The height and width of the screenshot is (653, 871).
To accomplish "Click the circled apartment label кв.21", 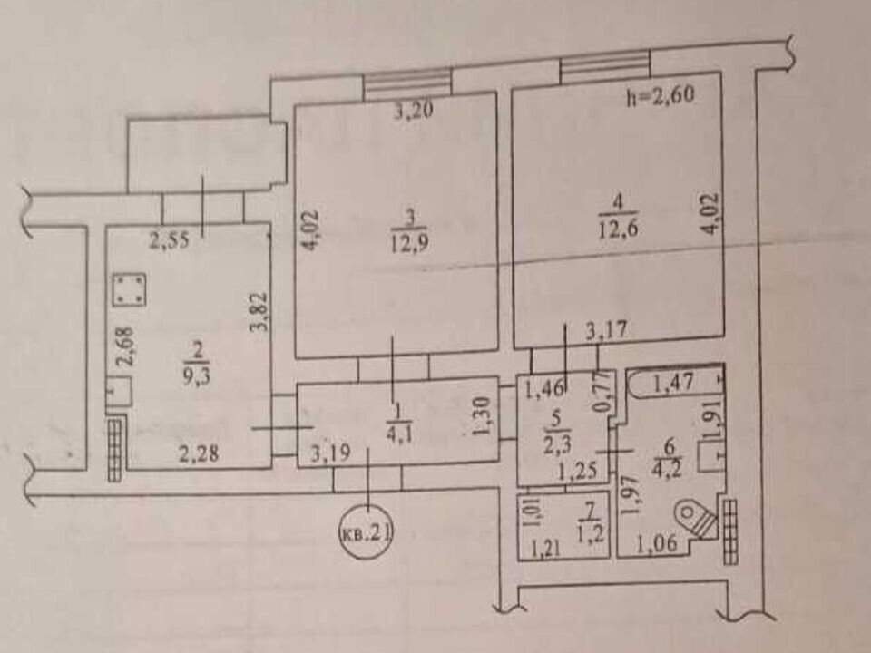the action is (x=366, y=533).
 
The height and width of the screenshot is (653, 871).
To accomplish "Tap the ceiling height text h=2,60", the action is (x=660, y=95).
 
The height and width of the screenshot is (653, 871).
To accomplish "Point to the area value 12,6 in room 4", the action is (x=617, y=229).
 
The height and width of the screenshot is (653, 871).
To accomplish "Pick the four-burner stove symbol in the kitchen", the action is (x=130, y=289).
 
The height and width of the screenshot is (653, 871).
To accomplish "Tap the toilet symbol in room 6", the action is (x=695, y=519).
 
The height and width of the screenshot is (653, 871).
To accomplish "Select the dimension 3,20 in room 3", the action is (x=414, y=111).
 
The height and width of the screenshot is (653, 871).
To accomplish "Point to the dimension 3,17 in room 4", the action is (x=607, y=331).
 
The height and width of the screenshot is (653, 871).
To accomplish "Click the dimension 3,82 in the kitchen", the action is (x=259, y=312).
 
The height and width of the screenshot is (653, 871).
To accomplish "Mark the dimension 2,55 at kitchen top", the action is (x=170, y=240).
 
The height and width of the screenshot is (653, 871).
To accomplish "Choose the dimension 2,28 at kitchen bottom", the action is (x=199, y=454).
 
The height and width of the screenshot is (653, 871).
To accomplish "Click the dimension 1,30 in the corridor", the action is (x=482, y=416).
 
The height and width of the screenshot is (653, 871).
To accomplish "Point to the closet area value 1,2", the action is (x=591, y=535).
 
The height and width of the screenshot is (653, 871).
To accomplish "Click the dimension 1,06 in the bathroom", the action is (x=657, y=543).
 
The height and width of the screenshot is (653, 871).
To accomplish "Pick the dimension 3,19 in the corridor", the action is (x=330, y=453).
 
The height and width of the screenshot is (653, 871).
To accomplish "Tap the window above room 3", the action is (x=406, y=83).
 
